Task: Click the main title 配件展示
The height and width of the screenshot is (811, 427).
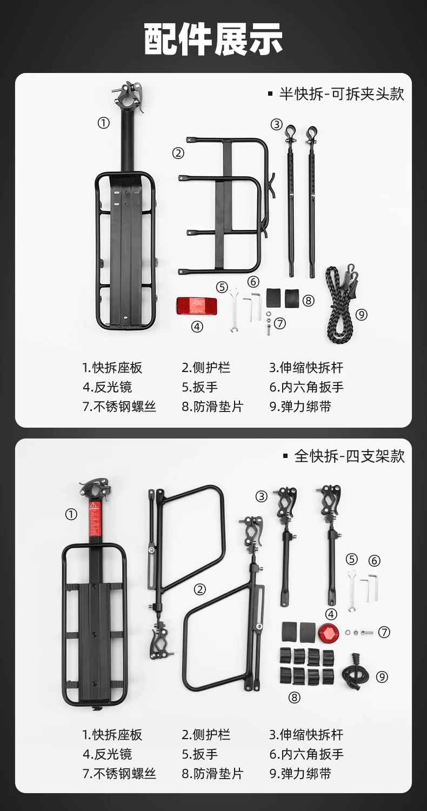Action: [213, 39]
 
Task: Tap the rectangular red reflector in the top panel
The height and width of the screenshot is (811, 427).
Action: [197, 305]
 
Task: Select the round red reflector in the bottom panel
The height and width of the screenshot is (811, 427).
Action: [328, 633]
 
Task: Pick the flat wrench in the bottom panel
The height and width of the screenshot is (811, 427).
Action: [351, 591]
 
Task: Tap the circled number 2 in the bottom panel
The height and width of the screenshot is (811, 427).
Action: [199, 589]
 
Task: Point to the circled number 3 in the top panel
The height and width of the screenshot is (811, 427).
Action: [276, 124]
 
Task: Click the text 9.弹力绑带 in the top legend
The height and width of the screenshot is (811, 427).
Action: [301, 407]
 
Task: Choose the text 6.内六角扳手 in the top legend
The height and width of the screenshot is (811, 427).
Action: [306, 387]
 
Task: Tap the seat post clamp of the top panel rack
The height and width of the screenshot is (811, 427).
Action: [130, 97]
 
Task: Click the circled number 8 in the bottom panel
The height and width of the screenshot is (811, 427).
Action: [295, 697]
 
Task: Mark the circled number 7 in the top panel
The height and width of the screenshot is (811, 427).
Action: [280, 323]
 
